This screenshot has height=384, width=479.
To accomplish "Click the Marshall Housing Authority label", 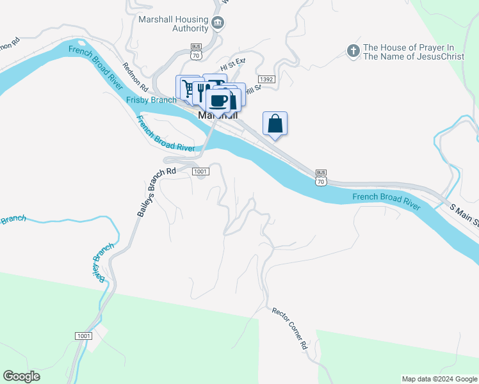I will (x=174, y=24).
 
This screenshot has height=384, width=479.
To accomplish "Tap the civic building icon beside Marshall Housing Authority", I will (x=218, y=24).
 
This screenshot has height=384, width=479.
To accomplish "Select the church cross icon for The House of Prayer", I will (x=352, y=50).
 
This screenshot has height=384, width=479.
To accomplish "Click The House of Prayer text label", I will (x=409, y=52).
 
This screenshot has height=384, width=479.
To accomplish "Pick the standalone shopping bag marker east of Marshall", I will (x=275, y=124).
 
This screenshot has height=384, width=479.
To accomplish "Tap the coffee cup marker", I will (x=218, y=100).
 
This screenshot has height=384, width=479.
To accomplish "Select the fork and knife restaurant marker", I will (x=200, y=90).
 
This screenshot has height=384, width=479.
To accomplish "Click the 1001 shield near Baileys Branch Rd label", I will (x=200, y=172).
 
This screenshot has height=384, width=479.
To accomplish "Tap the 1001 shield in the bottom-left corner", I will (x=83, y=336).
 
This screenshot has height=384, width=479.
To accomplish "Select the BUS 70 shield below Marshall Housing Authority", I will (x=197, y=51).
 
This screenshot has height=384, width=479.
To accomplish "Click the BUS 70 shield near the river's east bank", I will (x=321, y=177).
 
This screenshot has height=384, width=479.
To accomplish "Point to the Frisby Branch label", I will (x=151, y=100).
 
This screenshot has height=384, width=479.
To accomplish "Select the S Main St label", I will (x=464, y=216).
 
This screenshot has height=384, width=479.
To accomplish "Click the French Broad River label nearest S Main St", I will (x=386, y=200).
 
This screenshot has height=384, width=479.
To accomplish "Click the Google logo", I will (x=21, y=376).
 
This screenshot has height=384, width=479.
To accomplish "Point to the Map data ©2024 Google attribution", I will (x=439, y=379).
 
